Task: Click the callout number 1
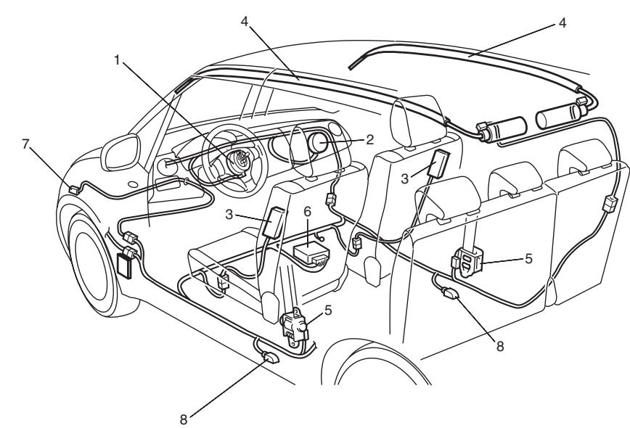tap(117, 62)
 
